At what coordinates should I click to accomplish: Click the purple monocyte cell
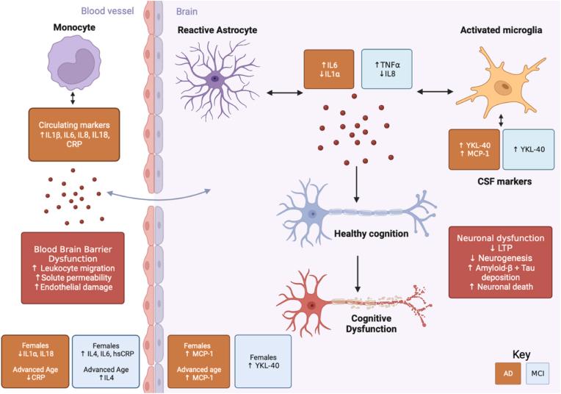pos(74,65)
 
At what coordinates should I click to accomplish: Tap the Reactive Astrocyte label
pos(217,29)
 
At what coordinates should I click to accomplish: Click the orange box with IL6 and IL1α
pos(329,69)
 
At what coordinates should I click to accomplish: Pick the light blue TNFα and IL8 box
pos(387,69)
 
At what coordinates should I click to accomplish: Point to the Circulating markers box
pos(74,135)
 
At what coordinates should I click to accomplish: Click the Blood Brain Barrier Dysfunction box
pos(73,268)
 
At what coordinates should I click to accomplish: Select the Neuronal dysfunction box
pos(500,262)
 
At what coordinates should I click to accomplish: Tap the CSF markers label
pos(504,182)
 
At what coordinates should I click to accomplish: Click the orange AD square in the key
pos(508,373)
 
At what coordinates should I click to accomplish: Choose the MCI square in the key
pos(538,373)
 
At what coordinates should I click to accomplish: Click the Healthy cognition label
pos(371,234)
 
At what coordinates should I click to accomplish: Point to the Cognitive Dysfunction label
pos(371,323)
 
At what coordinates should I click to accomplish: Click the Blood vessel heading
pos(107,11)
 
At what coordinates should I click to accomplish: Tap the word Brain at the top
pos(187,12)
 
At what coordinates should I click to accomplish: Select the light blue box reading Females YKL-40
pos(263,362)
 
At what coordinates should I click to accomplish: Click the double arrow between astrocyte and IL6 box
pos(285,93)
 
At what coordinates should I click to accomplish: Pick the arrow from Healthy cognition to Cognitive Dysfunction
pos(357,274)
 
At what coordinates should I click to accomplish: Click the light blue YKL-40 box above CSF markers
pos(529,149)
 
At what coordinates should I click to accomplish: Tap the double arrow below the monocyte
pos(73,98)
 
